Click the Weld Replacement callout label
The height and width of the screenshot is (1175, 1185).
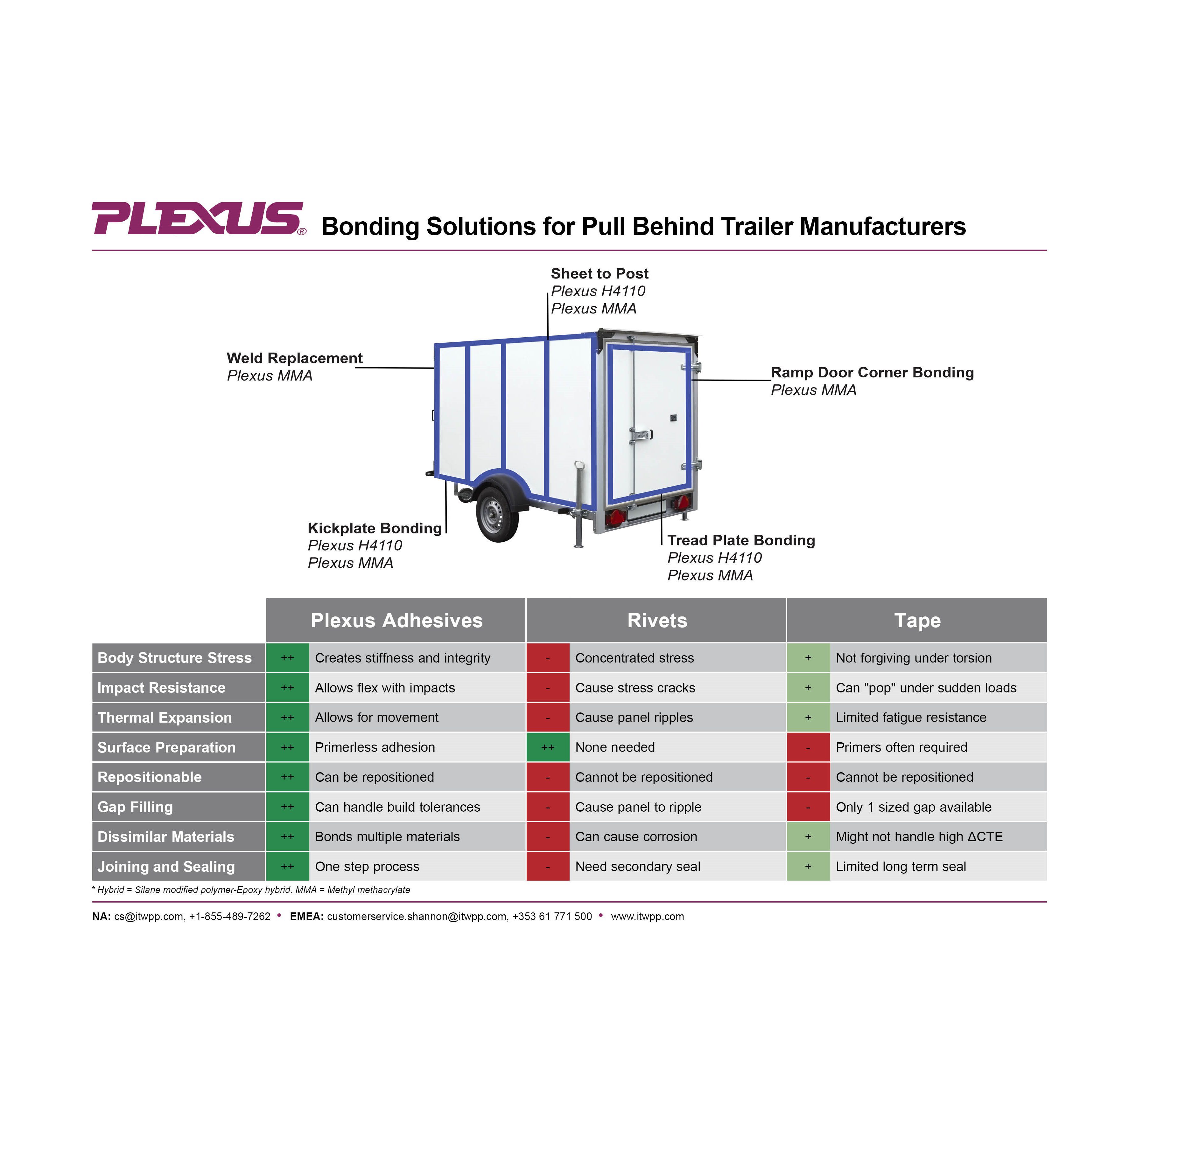click(294, 359)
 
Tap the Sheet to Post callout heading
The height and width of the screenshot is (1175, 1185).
click(599, 274)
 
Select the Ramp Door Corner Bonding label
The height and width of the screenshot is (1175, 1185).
click(872, 373)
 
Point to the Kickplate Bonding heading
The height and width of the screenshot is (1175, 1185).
click(374, 528)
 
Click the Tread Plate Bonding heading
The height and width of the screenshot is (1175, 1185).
click(741, 541)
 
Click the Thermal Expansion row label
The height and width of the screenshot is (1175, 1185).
click(165, 718)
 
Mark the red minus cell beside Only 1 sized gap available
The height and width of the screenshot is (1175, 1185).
click(808, 807)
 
